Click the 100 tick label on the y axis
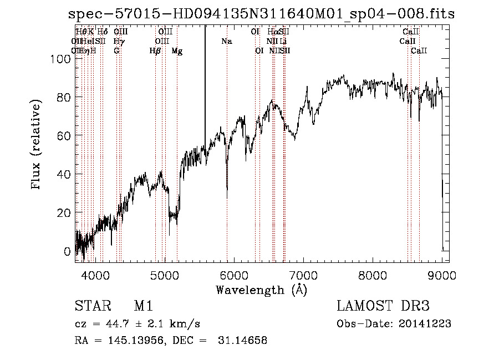click(x=63, y=59)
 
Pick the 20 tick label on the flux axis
click(x=65, y=213)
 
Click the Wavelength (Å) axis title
click(x=261, y=289)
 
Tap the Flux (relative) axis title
click(x=37, y=145)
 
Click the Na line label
click(x=226, y=41)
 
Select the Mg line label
click(x=177, y=51)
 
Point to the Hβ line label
click(x=155, y=51)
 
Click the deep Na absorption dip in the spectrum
click(x=227, y=191)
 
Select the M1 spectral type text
click(x=143, y=306)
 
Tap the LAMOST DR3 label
click(x=383, y=306)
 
